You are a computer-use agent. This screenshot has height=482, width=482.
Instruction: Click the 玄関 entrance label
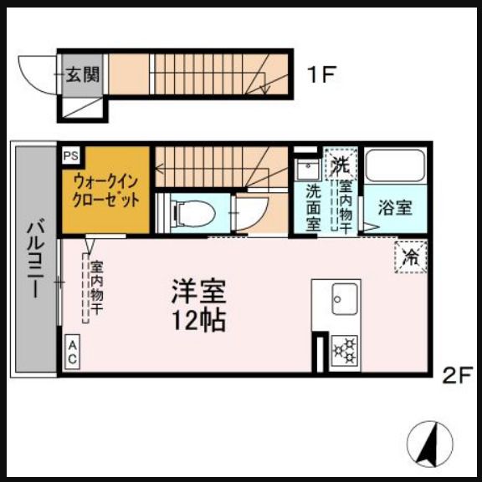click(82, 74)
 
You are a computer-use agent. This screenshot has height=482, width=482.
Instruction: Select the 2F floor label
click(458, 375)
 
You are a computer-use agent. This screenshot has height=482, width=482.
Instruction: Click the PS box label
click(69, 155)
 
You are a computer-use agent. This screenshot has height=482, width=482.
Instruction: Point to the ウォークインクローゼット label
click(105, 190)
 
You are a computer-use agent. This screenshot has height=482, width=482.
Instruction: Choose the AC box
click(73, 352)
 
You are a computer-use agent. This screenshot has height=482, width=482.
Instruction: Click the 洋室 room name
click(199, 292)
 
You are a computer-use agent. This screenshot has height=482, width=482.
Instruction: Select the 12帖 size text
click(199, 319)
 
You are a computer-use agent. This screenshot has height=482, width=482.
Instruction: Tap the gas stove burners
click(344, 351)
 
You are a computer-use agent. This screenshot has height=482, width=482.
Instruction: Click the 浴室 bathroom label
click(394, 207)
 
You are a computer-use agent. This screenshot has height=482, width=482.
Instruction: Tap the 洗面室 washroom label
click(313, 207)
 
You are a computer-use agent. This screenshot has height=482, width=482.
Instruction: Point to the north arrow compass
click(432, 440)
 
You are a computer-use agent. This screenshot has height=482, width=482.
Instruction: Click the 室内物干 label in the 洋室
click(96, 288)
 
